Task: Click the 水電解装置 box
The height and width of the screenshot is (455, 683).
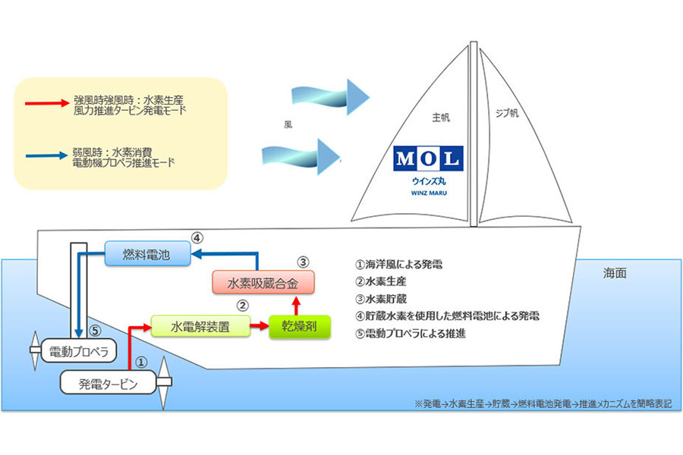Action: (x=200, y=326)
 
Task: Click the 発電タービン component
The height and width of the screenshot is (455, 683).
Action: (x=108, y=384)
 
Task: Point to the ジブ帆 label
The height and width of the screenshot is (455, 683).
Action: (x=507, y=113)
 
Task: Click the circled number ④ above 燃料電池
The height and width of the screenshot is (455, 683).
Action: (x=197, y=237)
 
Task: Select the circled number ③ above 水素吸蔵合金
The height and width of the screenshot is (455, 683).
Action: (x=303, y=263)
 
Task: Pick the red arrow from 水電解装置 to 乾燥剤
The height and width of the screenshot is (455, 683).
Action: (x=260, y=326)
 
